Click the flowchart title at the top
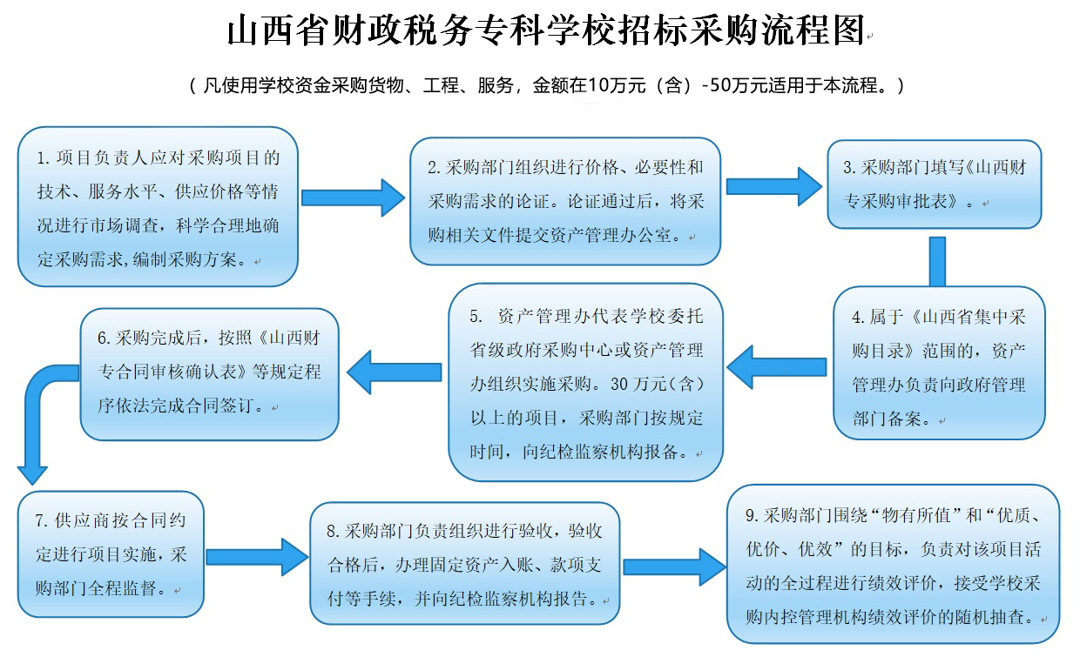click(x=545, y=31)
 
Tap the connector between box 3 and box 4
click(x=937, y=260)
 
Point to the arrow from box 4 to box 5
click(x=776, y=365)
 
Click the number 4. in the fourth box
click(x=859, y=318)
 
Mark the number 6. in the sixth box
click(x=105, y=339)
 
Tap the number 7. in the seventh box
click(x=42, y=520)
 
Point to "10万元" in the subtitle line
click(x=617, y=85)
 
